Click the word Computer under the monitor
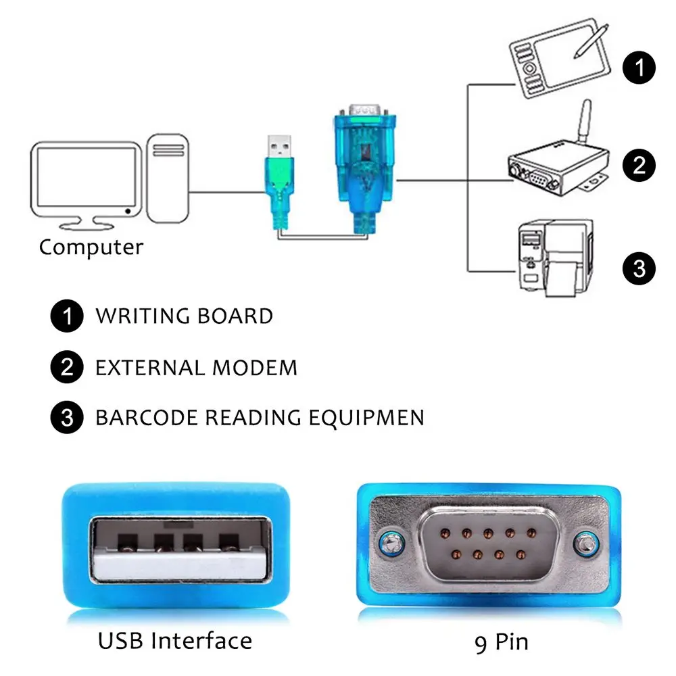click(x=91, y=247)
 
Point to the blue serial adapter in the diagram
click(x=364, y=162)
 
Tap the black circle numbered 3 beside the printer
click(x=639, y=268)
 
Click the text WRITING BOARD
click(x=184, y=316)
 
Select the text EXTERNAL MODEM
click(x=196, y=368)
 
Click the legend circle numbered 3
click(x=67, y=418)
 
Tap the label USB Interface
click(x=174, y=640)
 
